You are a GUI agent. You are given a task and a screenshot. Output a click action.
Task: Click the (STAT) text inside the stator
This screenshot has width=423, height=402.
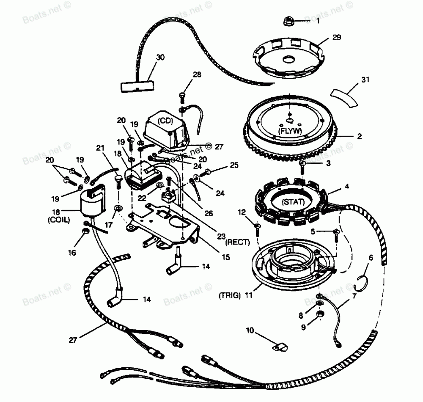click(x=292, y=202)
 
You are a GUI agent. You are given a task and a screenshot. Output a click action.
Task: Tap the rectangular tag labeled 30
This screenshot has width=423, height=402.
click(x=136, y=87)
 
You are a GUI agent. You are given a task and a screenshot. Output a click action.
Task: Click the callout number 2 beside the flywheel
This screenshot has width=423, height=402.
click(x=359, y=136)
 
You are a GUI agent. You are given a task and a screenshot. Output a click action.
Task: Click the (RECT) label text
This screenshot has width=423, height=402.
click(x=238, y=242)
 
